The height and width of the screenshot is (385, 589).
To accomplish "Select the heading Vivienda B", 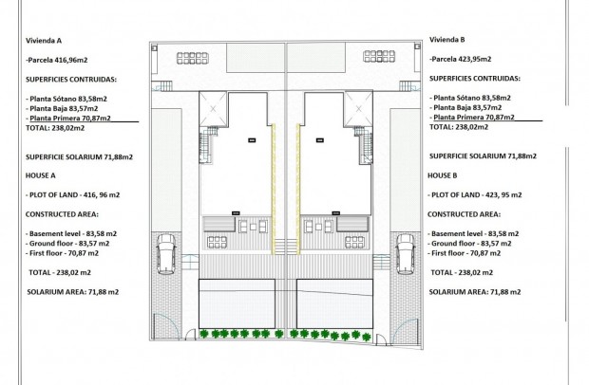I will pyautogui.click(x=448, y=41).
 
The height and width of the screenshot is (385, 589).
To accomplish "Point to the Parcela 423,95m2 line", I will pyautogui.click(x=469, y=61).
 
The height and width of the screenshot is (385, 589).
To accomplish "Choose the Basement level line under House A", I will pyautogui.click(x=72, y=233).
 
